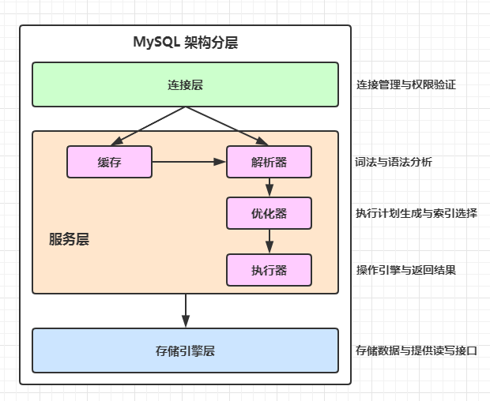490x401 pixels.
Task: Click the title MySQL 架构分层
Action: [186, 42]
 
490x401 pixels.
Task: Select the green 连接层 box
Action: [185, 84]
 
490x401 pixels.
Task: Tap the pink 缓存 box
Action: [109, 162]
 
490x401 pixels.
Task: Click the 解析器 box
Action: [269, 162]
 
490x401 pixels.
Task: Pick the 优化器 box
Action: [269, 213]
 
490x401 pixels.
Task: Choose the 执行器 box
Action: [269, 270]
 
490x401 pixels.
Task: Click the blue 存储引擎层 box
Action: [185, 350]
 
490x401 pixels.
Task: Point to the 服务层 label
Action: [69, 239]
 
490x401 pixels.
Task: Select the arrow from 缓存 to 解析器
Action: [189, 162]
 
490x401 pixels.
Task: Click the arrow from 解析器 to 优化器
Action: [269, 187]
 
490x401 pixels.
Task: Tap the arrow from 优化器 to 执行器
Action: [269, 242]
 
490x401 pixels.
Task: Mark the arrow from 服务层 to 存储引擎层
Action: [186, 311]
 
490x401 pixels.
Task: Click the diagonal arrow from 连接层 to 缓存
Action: [148, 126]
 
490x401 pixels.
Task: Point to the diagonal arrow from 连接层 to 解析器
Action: [227, 126]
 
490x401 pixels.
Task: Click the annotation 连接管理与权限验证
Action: [406, 84]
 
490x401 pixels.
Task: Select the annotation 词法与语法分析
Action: [394, 162]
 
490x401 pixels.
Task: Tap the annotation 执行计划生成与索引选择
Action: [416, 213]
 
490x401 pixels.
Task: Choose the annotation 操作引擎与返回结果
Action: [406, 270]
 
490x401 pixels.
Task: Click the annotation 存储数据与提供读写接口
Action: [416, 350]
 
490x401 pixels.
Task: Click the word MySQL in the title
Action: [156, 42]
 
